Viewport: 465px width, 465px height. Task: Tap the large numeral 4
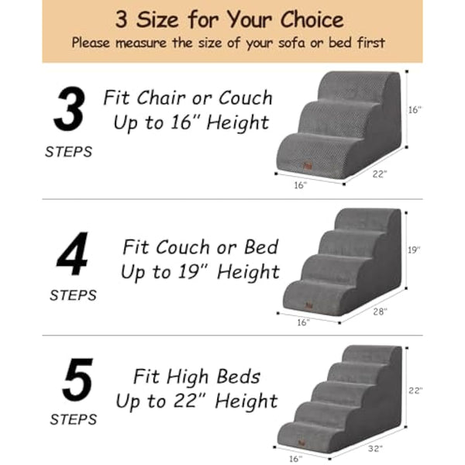coord(72,255)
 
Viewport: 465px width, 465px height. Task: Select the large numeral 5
coord(77,381)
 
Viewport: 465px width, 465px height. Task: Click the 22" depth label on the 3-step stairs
coord(380,174)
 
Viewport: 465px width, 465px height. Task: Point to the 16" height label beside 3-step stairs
coord(415,110)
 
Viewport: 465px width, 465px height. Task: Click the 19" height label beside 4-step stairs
coord(415,250)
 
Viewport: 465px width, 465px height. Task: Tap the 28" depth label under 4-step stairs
coord(380,312)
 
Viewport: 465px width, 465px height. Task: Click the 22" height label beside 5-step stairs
coord(415,391)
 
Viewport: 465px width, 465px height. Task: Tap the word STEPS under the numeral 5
coord(74,420)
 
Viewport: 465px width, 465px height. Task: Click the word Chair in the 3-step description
coord(163,98)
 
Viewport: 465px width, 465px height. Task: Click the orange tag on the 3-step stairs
coord(307,164)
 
